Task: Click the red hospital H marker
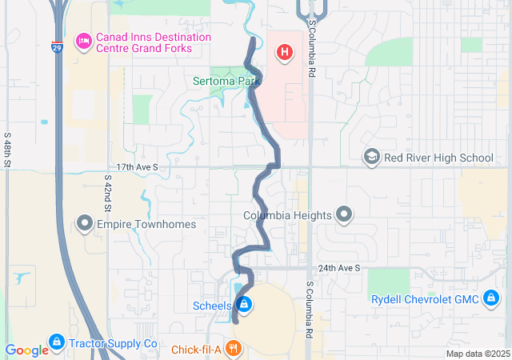[x=283, y=54]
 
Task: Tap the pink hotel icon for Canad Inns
[x=82, y=41]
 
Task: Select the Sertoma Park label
[x=227, y=81]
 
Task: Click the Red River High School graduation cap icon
[x=371, y=157]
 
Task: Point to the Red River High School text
[x=438, y=158]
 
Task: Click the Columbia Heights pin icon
[x=344, y=214]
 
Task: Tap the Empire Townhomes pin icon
[x=85, y=223]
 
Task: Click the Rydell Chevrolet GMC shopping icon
[x=492, y=299]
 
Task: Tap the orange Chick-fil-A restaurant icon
[x=234, y=349]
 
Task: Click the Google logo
[x=26, y=350]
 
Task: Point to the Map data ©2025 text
[x=477, y=354]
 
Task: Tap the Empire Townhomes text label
[x=146, y=224]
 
